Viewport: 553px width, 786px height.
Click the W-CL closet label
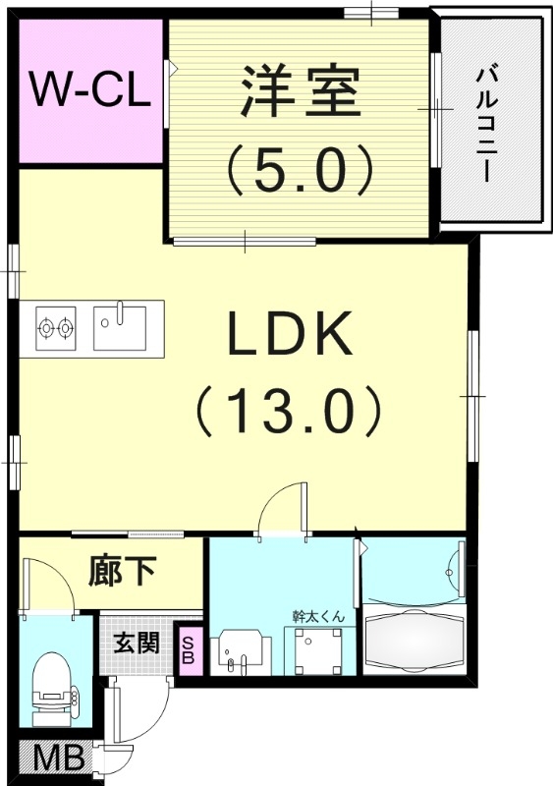90,89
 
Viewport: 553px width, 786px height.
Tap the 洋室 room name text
302,90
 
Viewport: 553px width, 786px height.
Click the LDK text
290,334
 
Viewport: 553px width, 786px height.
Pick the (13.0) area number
290,410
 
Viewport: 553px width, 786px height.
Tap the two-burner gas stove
56,328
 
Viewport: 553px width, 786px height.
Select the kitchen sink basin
120,328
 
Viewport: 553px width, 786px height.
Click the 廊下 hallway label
124,571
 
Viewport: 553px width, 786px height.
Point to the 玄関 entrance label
136,643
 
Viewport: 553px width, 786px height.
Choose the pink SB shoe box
188,649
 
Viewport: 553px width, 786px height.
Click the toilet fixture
53,689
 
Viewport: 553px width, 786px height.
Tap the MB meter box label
59,759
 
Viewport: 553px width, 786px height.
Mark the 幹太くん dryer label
320,616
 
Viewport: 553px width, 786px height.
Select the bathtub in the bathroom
415,640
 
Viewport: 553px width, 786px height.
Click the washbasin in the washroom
241,652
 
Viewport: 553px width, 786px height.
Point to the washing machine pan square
317,650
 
